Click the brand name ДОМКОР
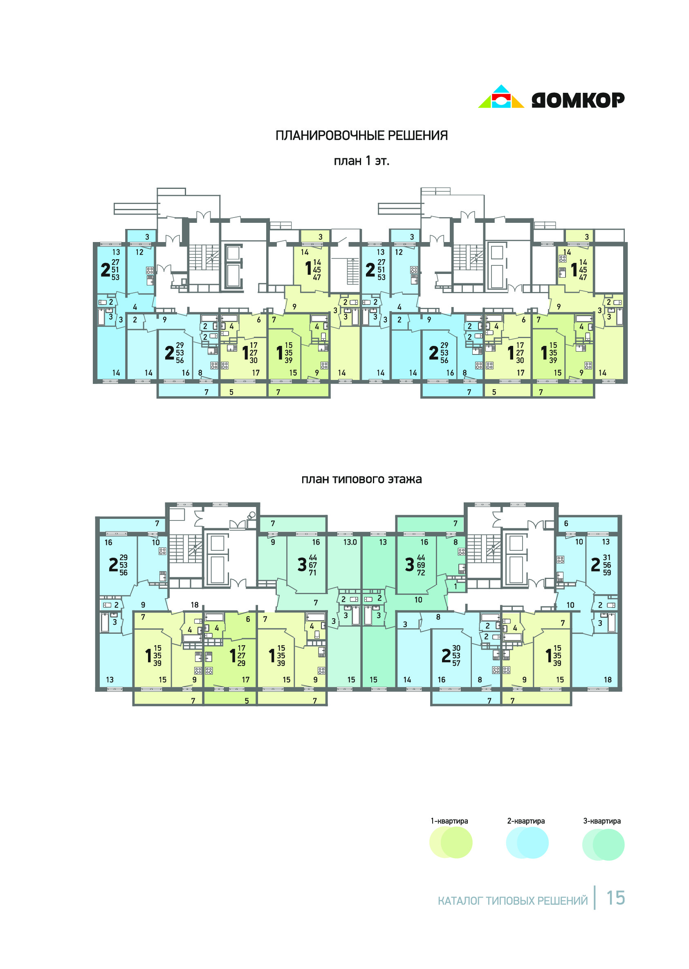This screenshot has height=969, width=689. (x=578, y=100)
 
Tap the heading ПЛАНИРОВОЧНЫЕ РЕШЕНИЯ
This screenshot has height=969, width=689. (x=361, y=135)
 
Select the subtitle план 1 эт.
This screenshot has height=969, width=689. (x=361, y=161)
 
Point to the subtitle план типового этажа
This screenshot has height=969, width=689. (x=361, y=480)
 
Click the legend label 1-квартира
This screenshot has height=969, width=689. (x=449, y=821)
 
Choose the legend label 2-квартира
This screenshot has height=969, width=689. (x=526, y=821)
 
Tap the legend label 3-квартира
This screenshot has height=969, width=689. (x=602, y=821)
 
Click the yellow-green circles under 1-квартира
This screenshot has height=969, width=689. (x=451, y=842)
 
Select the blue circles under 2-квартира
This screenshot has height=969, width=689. (x=527, y=842)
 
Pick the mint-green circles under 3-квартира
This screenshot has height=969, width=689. (x=603, y=844)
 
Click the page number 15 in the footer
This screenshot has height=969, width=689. (x=616, y=898)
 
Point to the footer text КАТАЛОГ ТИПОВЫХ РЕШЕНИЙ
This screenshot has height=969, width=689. (x=513, y=901)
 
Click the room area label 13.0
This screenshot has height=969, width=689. (x=350, y=542)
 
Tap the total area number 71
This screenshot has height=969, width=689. (x=313, y=573)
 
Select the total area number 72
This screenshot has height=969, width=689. (x=421, y=573)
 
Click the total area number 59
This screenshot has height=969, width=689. (x=607, y=572)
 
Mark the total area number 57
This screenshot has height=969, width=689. (x=456, y=663)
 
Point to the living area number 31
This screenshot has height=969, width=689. (x=607, y=557)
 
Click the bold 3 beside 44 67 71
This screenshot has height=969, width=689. (x=302, y=565)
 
